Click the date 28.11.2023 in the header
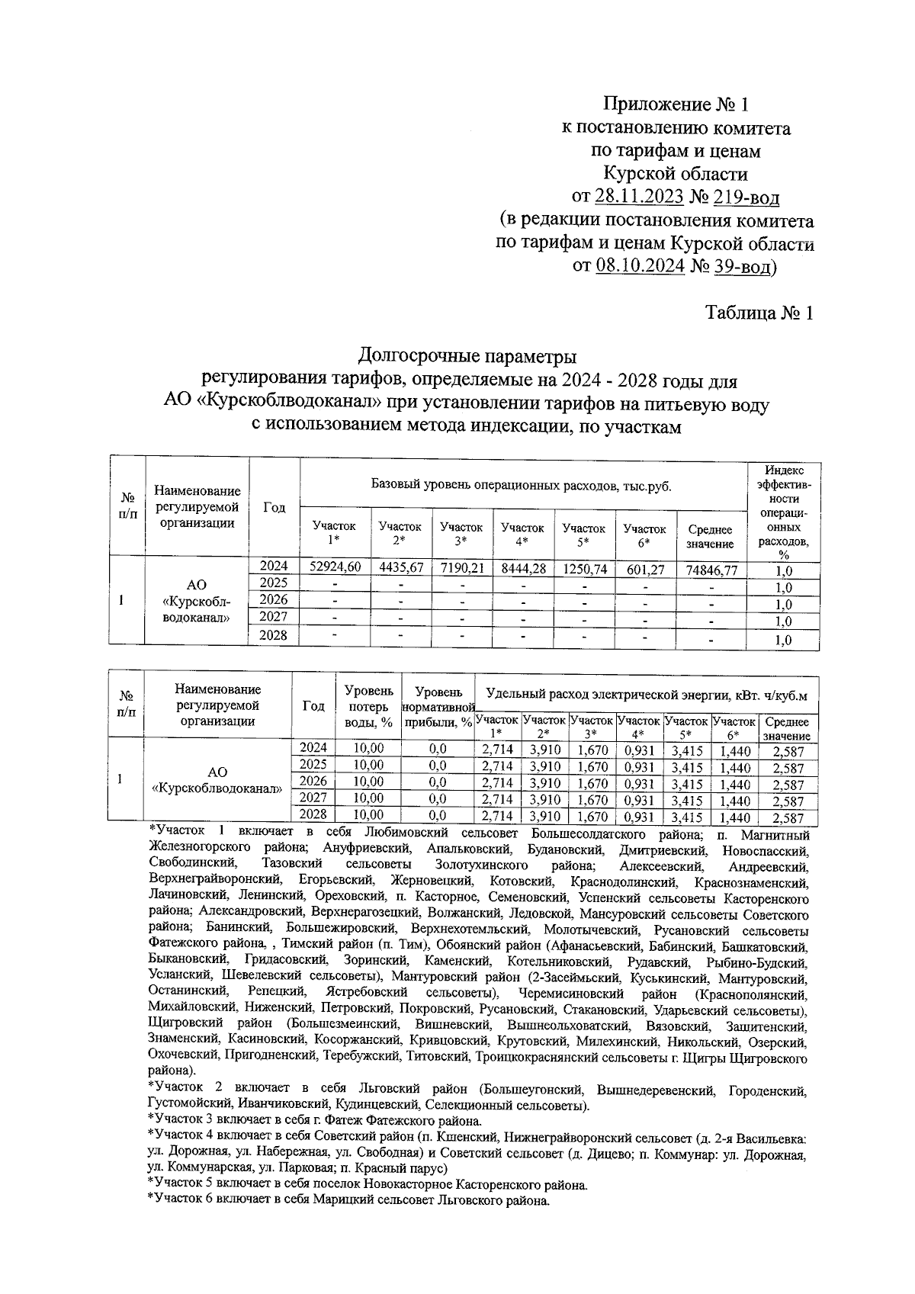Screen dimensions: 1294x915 click(638, 198)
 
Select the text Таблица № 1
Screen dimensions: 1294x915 click(759, 313)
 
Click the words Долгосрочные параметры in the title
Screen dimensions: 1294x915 click(467, 356)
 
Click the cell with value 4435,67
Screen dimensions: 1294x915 click(400, 566)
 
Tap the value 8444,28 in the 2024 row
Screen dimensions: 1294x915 click(522, 567)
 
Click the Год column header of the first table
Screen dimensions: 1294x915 click(274, 508)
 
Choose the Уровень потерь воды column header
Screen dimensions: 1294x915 click(369, 706)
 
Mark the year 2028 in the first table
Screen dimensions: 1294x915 click(274, 634)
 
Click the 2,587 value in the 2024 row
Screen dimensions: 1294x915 click(788, 752)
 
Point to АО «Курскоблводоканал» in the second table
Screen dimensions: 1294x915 click(217, 781)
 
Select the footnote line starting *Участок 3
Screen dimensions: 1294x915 click(315, 1121)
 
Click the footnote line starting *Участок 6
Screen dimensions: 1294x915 click(348, 1200)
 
